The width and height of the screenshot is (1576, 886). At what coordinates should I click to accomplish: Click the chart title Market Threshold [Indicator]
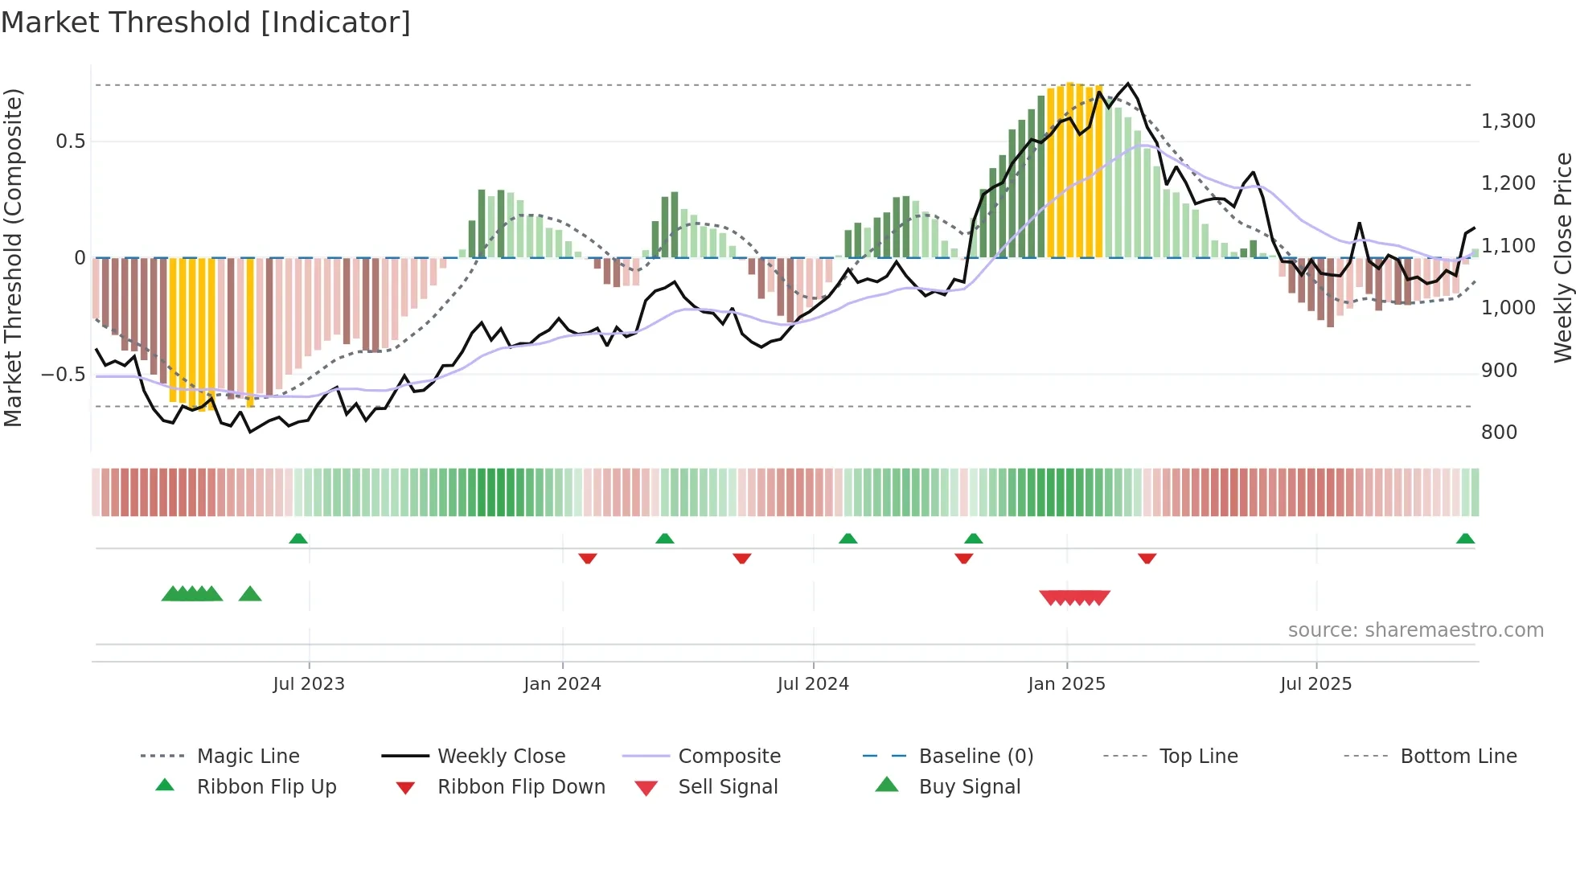[x=206, y=23]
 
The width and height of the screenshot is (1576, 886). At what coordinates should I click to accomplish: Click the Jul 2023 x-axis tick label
[x=309, y=684]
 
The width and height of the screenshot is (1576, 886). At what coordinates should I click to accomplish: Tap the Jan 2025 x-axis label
[x=1066, y=684]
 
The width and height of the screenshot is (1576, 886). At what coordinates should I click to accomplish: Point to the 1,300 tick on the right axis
[x=1508, y=121]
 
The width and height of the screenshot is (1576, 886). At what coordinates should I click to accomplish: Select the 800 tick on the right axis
[x=1499, y=433]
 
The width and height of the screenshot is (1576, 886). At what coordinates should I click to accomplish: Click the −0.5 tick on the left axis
[x=64, y=375]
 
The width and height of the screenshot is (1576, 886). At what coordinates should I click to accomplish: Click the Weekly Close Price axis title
[x=1562, y=257]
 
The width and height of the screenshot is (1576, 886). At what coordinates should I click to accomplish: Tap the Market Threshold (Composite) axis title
[x=13, y=257]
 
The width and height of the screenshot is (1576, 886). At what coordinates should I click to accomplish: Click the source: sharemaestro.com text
[x=1415, y=630]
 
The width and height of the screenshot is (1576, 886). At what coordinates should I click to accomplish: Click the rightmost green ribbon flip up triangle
[x=1465, y=539]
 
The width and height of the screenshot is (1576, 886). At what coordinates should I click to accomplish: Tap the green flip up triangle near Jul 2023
[x=298, y=539]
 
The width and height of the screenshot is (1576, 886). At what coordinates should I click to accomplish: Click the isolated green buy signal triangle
[x=250, y=594]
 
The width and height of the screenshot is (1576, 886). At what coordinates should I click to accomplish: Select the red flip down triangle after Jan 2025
[x=1147, y=558]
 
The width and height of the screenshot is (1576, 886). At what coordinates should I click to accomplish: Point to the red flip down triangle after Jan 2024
[x=588, y=558]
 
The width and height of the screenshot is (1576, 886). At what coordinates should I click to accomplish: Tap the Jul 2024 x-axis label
[x=813, y=684]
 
